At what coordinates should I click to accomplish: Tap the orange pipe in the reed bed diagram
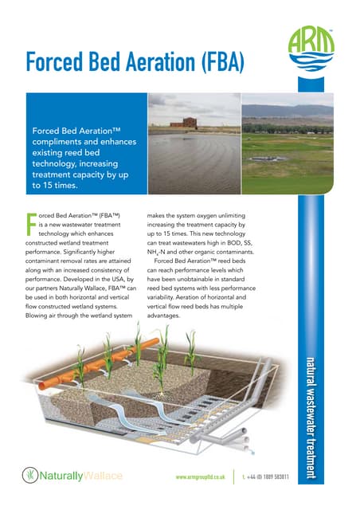(x=96, y=374)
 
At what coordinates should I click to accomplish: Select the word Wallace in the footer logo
(x=102, y=476)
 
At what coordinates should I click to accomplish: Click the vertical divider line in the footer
(x=234, y=477)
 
